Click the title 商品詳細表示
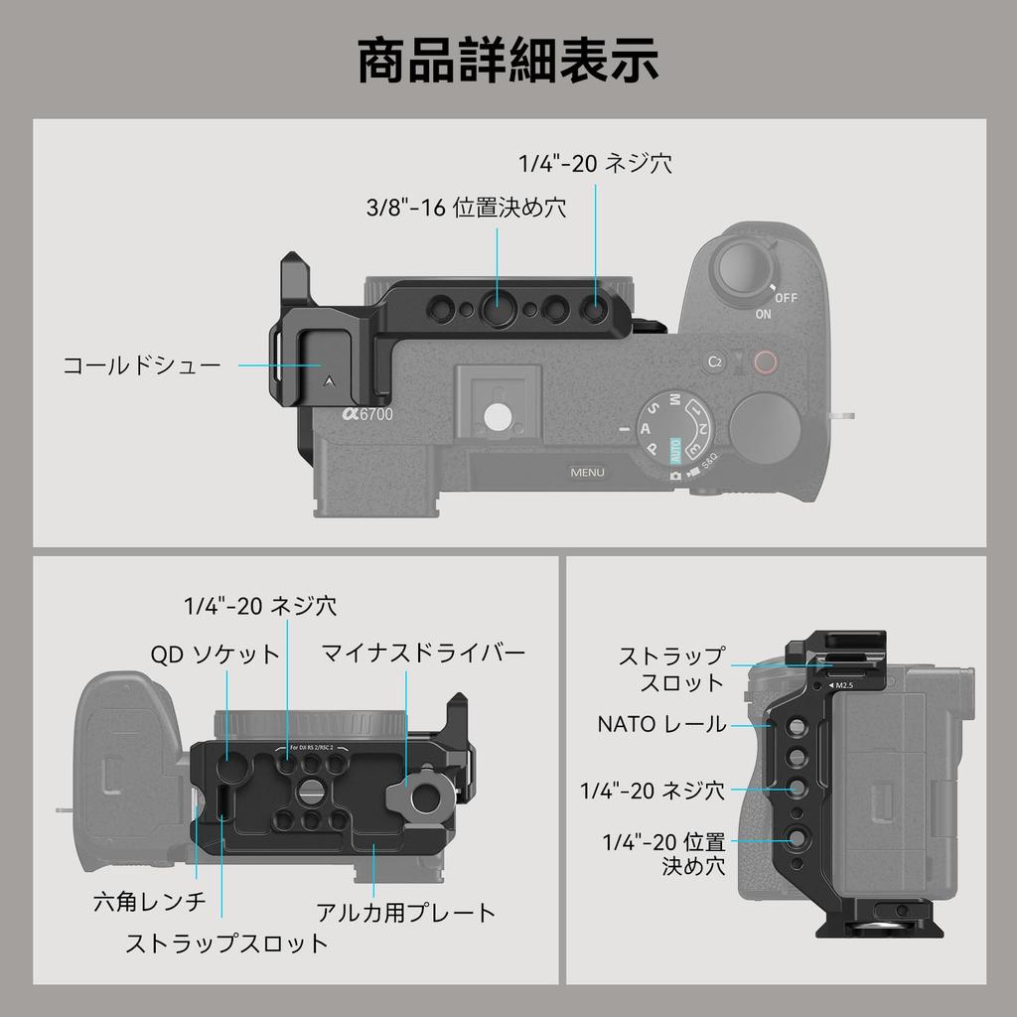[508, 62]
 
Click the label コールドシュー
[142, 365]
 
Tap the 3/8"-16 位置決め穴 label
[466, 209]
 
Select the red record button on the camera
[763, 363]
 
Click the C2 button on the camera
[714, 363]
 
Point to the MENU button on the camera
[587, 472]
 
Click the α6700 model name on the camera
[368, 416]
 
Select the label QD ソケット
[216, 654]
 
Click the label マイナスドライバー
[423, 653]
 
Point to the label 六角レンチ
[149, 901]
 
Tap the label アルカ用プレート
[405, 912]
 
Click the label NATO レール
[661, 724]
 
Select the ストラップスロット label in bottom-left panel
[226, 943]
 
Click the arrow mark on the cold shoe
[327, 377]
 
